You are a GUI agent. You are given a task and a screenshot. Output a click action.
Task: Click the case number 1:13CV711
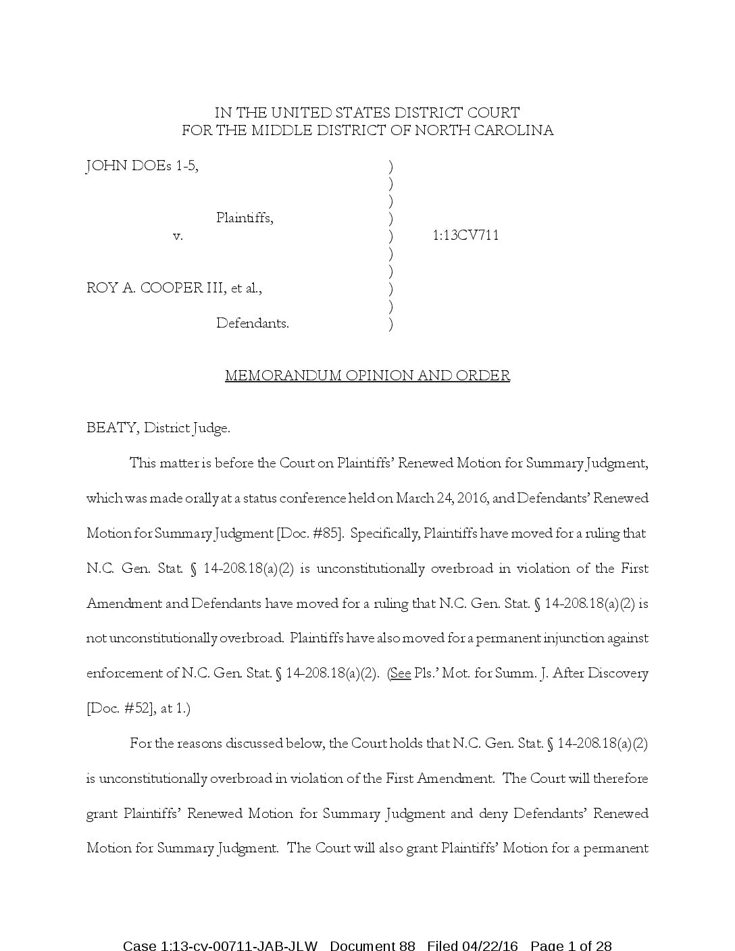[465, 236]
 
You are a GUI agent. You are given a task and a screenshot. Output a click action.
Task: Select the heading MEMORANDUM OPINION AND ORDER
[367, 376]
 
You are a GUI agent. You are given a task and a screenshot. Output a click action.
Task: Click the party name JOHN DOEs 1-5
[142, 166]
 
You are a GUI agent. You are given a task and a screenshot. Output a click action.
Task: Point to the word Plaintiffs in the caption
[245, 218]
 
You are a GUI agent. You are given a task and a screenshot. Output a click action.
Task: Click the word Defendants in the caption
[252, 324]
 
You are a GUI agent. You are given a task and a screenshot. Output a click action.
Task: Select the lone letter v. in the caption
[178, 236]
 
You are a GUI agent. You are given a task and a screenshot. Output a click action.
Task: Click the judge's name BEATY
[112, 428]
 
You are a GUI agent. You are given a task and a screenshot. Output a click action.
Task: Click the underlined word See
[401, 673]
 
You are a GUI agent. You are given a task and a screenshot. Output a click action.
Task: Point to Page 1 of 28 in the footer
[571, 945]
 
